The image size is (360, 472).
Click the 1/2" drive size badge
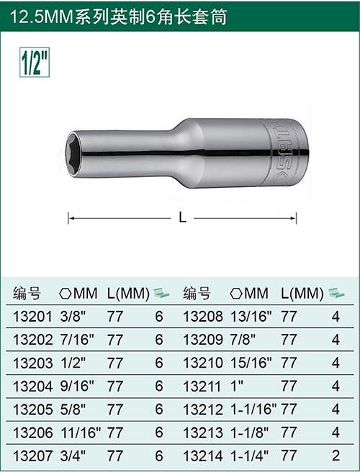(x=35, y=62)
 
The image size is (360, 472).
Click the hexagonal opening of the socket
(x=73, y=154)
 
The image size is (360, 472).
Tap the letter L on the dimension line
(x=182, y=217)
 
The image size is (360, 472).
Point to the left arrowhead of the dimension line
(x=71, y=218)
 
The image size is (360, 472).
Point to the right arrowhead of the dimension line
(x=293, y=218)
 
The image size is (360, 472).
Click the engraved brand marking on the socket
(x=280, y=152)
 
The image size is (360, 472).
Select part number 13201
(x=32, y=317)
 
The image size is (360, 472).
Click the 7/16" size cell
(x=77, y=340)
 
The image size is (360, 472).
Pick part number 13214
(x=203, y=456)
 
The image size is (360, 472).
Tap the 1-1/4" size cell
(x=249, y=456)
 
